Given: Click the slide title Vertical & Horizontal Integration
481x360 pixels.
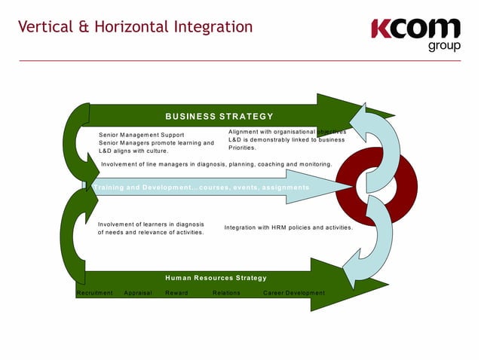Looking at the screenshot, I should [135, 28].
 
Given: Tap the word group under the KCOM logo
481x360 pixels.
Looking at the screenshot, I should [444, 47].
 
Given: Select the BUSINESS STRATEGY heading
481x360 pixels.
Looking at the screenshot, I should [219, 116].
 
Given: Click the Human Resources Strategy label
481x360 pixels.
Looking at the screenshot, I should [216, 278].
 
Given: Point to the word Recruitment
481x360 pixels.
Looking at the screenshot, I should [95, 293].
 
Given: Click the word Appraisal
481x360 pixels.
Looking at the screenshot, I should [138, 293].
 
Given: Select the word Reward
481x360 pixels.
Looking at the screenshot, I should [176, 293].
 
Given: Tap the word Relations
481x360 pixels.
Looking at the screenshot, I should [226, 293].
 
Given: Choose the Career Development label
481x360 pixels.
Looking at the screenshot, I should [294, 293].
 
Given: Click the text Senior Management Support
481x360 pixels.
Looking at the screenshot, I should [142, 135].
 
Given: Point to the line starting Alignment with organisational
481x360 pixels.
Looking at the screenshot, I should [286, 132].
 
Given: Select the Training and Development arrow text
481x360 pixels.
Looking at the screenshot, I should [201, 187].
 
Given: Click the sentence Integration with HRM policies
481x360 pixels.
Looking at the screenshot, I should [288, 227].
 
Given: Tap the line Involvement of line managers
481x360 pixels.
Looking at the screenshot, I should [216, 163].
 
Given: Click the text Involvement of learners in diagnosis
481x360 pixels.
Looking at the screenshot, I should [151, 224].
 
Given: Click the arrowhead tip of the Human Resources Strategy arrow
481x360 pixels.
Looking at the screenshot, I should [386, 285].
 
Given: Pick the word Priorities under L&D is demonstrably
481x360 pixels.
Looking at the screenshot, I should [242, 148].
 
